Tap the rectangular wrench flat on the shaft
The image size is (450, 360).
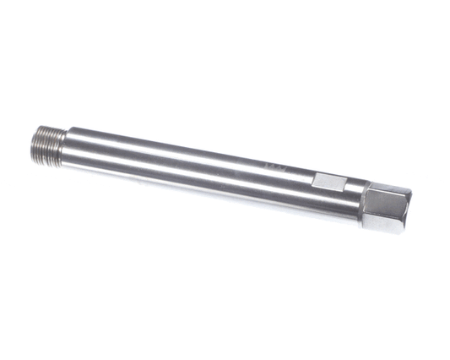[x=329, y=183]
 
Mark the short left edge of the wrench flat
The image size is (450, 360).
[x=314, y=180]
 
